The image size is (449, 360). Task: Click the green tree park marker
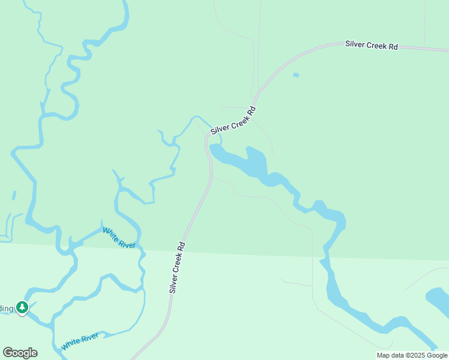tap(22, 308)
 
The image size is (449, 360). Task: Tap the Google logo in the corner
tap(20, 353)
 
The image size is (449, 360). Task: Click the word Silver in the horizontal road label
tap(355, 44)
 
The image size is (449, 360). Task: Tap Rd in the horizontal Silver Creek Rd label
tap(393, 46)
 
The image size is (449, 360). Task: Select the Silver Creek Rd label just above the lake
tap(234, 121)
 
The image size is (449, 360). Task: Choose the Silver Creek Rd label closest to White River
tap(177, 267)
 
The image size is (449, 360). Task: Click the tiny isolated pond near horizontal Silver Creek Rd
tap(295, 75)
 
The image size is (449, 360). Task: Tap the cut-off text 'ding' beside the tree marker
tap(6, 308)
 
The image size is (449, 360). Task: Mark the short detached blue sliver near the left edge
tap(14, 196)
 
